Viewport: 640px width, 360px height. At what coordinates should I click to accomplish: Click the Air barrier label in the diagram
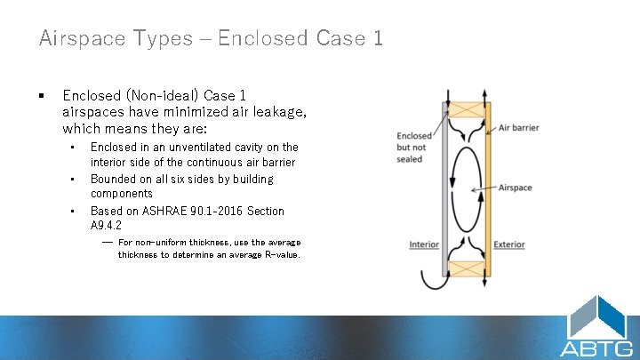coord(518,128)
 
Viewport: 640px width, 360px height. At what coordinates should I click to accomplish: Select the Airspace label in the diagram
coord(515,188)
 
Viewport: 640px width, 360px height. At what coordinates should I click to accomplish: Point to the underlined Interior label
coord(424,244)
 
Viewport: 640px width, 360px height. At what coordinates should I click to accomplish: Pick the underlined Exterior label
coord(508,244)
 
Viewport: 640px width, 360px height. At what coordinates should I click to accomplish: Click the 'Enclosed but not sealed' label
coord(414,147)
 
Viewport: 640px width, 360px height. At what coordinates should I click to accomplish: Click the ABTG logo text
coord(596,348)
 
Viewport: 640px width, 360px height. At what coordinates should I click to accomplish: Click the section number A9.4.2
coord(106,226)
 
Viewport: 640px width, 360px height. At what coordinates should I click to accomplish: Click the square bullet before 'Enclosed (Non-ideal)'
coord(41,95)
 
